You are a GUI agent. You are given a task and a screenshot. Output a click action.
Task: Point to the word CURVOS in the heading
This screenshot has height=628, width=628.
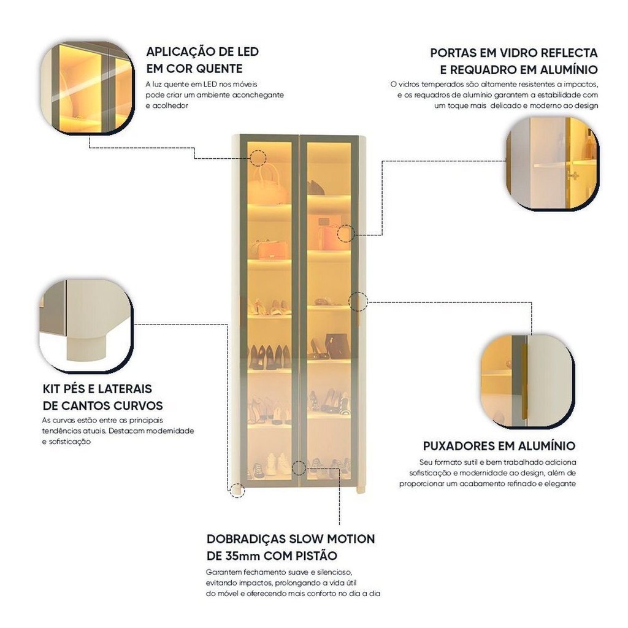[139, 406]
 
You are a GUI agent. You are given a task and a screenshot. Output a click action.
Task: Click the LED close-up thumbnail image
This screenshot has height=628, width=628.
[87, 87]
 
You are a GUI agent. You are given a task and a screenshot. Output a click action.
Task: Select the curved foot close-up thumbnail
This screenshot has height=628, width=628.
[86, 325]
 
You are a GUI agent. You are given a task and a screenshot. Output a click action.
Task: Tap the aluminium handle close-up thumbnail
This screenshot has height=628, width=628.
[527, 381]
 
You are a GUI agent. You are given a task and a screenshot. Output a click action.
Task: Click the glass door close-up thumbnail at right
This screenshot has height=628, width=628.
[552, 163]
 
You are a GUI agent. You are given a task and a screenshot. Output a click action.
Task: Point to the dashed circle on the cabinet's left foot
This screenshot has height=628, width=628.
[237, 490]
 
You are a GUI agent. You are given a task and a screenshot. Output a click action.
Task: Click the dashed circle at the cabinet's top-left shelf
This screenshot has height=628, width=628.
[257, 158]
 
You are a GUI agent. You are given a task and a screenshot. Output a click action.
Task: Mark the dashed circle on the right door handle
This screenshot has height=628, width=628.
[358, 302]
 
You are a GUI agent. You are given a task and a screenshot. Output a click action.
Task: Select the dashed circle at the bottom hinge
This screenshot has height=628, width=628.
[299, 468]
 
